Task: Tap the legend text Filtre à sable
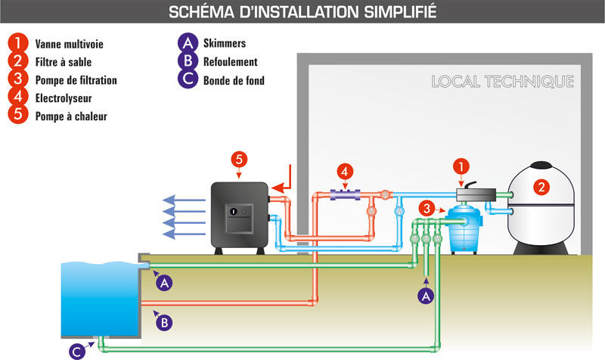coord(64,61)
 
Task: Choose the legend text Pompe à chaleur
coord(71,116)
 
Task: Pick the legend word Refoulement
coord(230,62)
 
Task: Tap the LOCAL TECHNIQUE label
coord(502,82)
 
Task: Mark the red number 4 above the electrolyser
coord(344,172)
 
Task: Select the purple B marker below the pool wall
coord(163,321)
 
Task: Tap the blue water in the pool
coord(98,299)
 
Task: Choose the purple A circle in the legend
coord(182,44)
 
